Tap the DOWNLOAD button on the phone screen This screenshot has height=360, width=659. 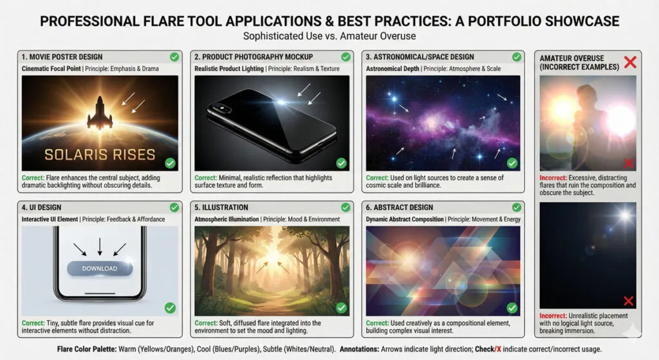100,268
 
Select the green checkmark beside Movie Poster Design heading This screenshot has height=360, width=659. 174,57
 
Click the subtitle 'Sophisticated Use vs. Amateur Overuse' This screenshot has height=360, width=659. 329,36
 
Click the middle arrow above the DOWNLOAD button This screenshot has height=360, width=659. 100,247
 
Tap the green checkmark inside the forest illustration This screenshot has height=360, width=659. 341,308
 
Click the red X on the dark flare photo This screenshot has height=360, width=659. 629,301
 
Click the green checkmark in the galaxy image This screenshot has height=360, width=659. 512,163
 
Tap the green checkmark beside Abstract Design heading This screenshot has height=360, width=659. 516,207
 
